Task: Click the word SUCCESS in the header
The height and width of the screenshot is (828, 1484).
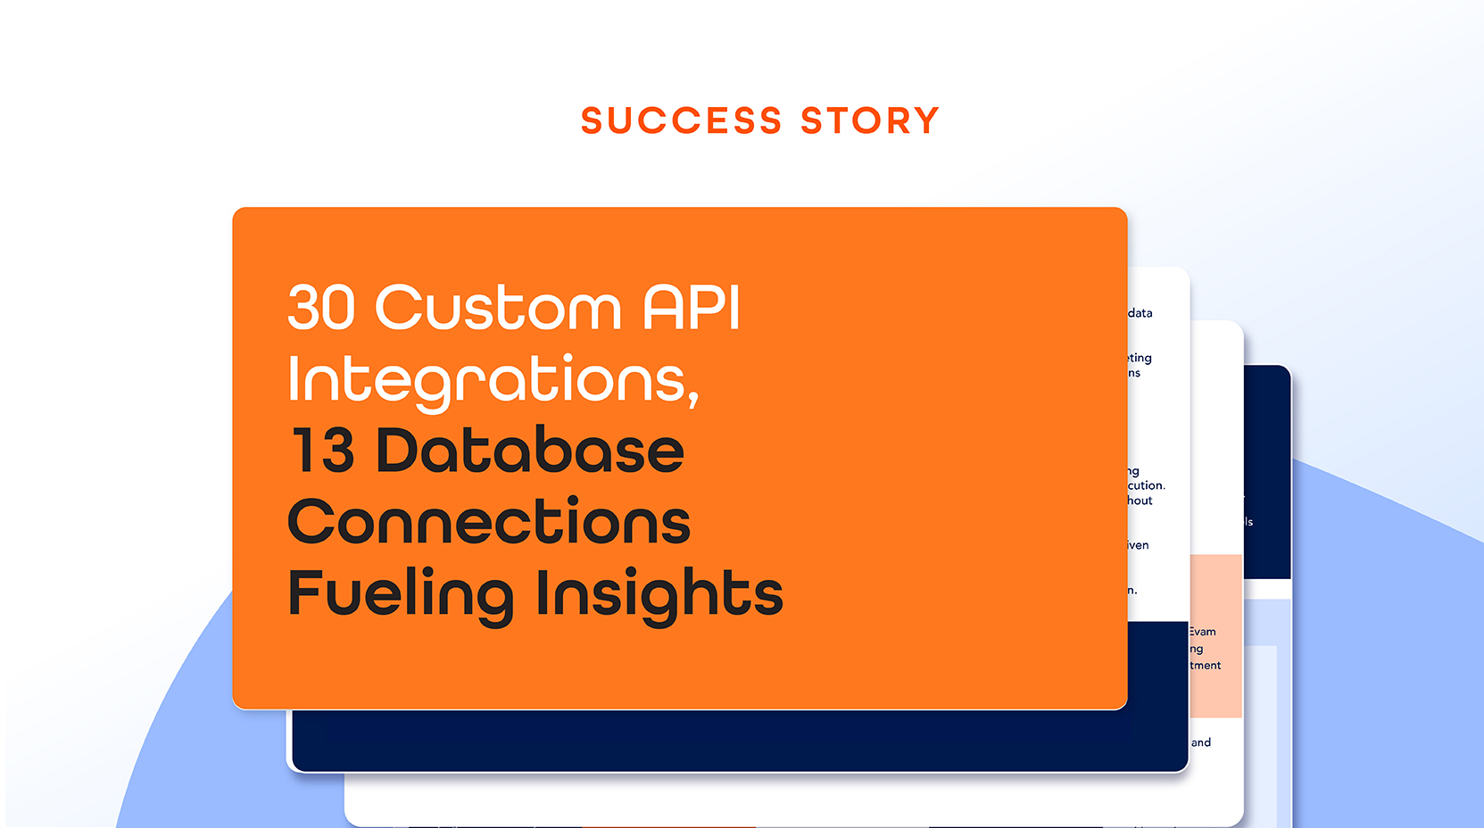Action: click(681, 120)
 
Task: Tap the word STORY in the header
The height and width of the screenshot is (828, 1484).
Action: click(870, 120)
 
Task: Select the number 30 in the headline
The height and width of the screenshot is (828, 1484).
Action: click(321, 308)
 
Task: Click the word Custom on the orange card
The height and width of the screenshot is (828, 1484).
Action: click(498, 308)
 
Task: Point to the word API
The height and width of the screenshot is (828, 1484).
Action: click(692, 308)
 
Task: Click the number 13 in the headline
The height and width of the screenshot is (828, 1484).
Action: click(323, 451)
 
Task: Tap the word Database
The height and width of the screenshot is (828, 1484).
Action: click(530, 451)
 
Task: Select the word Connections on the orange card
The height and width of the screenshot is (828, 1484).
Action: click(489, 522)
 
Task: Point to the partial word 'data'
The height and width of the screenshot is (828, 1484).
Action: click(1140, 313)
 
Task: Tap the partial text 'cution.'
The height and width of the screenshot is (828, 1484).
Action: click(1146, 486)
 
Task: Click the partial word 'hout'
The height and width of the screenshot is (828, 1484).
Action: click(1140, 501)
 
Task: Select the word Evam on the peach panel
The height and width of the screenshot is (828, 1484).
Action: click(1202, 632)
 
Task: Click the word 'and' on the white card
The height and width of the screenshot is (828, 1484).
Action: click(1201, 742)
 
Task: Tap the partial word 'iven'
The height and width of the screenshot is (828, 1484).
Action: click(1138, 545)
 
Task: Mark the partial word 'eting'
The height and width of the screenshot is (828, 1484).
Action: click(1140, 358)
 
